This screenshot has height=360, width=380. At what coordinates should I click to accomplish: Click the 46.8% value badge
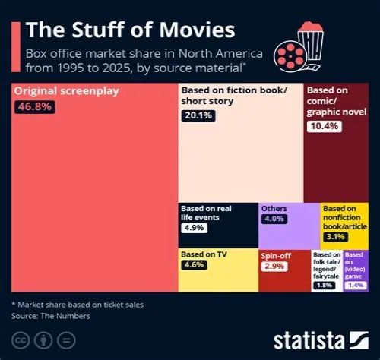35,107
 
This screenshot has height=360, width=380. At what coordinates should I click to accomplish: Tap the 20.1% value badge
198,115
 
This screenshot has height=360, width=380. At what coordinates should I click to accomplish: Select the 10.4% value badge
325,126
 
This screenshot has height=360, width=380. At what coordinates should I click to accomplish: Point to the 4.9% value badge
194,228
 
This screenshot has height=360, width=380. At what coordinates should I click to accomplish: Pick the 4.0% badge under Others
274,219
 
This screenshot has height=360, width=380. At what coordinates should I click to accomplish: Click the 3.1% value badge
336,237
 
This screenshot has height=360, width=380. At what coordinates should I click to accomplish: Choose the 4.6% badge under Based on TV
194,265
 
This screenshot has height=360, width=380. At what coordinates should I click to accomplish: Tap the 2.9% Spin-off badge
274,267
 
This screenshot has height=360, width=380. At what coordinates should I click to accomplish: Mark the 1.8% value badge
325,286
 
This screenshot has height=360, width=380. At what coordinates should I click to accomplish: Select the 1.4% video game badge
356,286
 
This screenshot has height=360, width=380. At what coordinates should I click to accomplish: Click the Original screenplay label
66,91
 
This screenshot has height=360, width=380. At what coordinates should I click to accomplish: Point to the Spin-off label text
276,256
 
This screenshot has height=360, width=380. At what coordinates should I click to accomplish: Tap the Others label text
274,209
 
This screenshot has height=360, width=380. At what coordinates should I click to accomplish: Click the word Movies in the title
197,30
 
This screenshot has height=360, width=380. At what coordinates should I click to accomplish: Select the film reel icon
290,56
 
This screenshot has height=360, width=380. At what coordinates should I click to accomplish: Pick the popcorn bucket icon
311,40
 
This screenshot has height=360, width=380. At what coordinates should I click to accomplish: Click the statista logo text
309,341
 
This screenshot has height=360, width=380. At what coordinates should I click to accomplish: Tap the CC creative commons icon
21,340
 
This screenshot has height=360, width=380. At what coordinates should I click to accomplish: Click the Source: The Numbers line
51,316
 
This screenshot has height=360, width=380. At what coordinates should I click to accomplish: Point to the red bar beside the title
16,47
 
